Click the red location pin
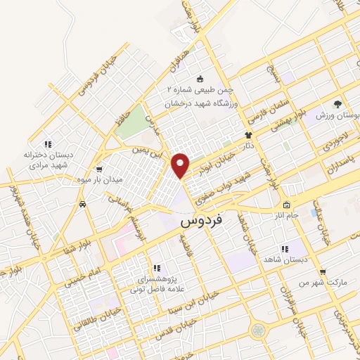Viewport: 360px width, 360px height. coord(181,165)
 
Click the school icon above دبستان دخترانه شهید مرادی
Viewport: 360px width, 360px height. coord(48,144)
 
